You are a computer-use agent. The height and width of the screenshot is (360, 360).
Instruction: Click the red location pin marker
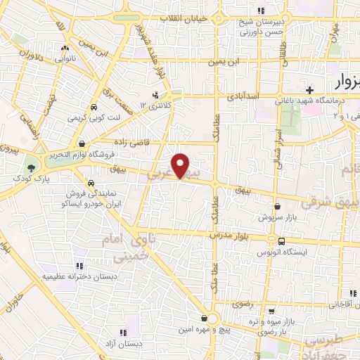coord(181,165)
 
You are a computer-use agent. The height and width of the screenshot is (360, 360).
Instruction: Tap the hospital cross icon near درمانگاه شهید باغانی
coord(309,89)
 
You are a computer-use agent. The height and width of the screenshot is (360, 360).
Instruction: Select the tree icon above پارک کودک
coord(30,167)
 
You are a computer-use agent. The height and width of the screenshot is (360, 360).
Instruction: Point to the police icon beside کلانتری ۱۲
coord(156,94)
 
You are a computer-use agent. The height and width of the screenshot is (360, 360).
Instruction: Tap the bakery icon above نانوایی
coord(65,49)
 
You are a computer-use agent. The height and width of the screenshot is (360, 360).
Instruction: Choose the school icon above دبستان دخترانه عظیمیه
coord(79,266)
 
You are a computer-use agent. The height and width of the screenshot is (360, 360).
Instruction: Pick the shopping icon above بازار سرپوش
coord(280,207)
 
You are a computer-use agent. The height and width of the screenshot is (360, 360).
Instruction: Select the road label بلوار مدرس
coord(231,236)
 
